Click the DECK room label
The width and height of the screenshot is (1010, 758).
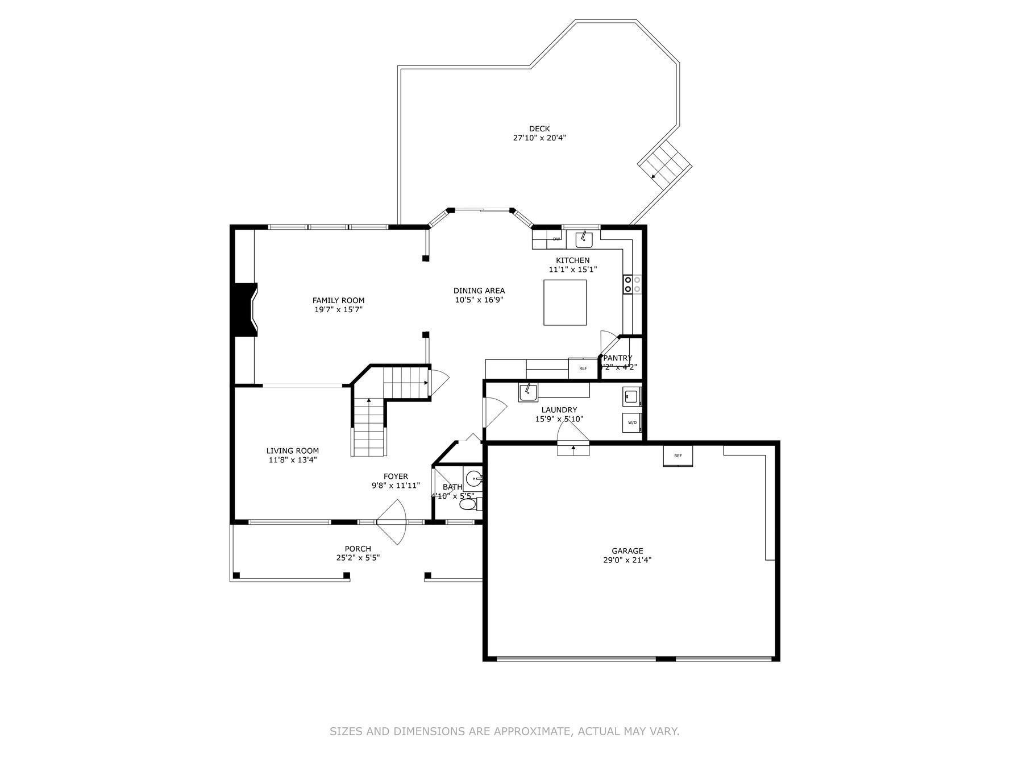539,129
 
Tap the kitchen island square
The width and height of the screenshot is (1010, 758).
565,303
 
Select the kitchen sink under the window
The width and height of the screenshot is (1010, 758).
584,240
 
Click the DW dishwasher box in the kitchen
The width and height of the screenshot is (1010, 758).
556,239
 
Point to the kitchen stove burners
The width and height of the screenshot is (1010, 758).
632,284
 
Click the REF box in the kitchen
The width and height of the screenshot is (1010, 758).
583,368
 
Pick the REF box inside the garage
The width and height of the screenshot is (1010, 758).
678,456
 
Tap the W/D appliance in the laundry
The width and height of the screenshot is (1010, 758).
632,423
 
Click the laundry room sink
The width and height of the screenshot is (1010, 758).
528,392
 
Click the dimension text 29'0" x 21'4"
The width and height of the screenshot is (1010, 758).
627,560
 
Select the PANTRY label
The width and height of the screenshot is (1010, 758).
618,358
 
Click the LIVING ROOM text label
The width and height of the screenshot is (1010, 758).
292,451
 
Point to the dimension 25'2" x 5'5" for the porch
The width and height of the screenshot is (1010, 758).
358,558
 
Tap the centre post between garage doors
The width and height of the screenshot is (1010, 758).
666,658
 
